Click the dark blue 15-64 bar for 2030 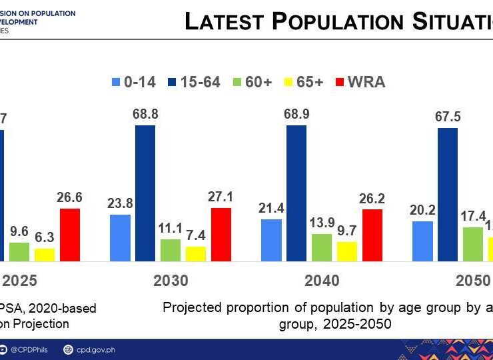coord(145,193)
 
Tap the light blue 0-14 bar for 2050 coord(422,241)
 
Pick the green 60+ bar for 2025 coord(19,251)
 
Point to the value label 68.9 coord(296,115)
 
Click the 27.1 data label coord(221,197)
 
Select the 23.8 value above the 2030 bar coord(120,204)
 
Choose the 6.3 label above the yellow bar coord(45,238)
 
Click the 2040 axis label coord(322,281)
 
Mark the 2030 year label coord(171,281)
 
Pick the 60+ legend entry coord(246,83)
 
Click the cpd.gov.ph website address coord(95,349)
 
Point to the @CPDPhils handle coord(29,349)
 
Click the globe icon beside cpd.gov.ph coord(68,349)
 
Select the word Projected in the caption coord(193,307)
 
